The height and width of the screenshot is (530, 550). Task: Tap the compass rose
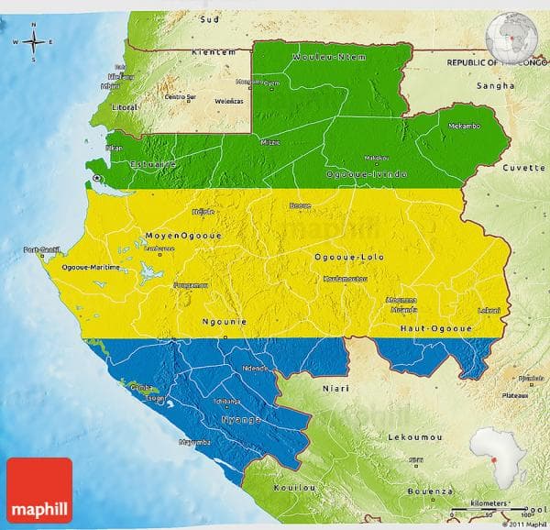click(x=34, y=42)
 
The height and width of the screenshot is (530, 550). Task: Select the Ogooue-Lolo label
click(x=348, y=258)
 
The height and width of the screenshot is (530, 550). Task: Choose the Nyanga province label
click(x=241, y=418)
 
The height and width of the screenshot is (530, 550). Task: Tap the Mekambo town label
click(x=464, y=126)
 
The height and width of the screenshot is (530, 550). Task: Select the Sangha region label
click(x=489, y=85)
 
